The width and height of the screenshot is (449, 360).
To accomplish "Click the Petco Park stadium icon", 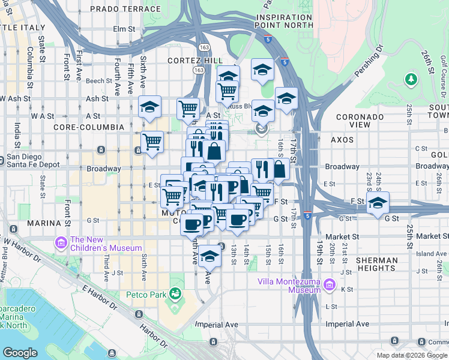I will [x=175, y=294].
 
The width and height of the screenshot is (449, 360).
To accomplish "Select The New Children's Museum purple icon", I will [x=61, y=242].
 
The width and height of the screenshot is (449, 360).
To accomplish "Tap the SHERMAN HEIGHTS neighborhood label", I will [x=376, y=264].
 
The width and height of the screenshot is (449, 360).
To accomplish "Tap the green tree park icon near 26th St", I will [x=411, y=79].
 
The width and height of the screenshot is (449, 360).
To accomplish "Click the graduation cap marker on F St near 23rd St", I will [x=378, y=202].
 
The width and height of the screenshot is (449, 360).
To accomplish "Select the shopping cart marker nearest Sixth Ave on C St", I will [x=152, y=142].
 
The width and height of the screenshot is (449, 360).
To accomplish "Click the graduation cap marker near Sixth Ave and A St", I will [x=149, y=107].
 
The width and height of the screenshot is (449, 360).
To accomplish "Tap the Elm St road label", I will [x=124, y=28].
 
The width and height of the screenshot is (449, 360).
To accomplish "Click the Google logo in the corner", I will [x=20, y=353].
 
